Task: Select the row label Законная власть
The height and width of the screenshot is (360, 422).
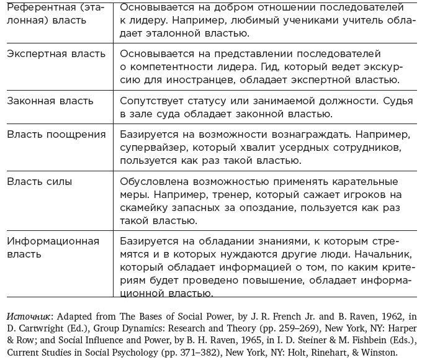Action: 50,101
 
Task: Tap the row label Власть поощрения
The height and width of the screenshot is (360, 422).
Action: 56,135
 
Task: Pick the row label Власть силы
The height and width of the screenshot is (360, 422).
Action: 39,182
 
